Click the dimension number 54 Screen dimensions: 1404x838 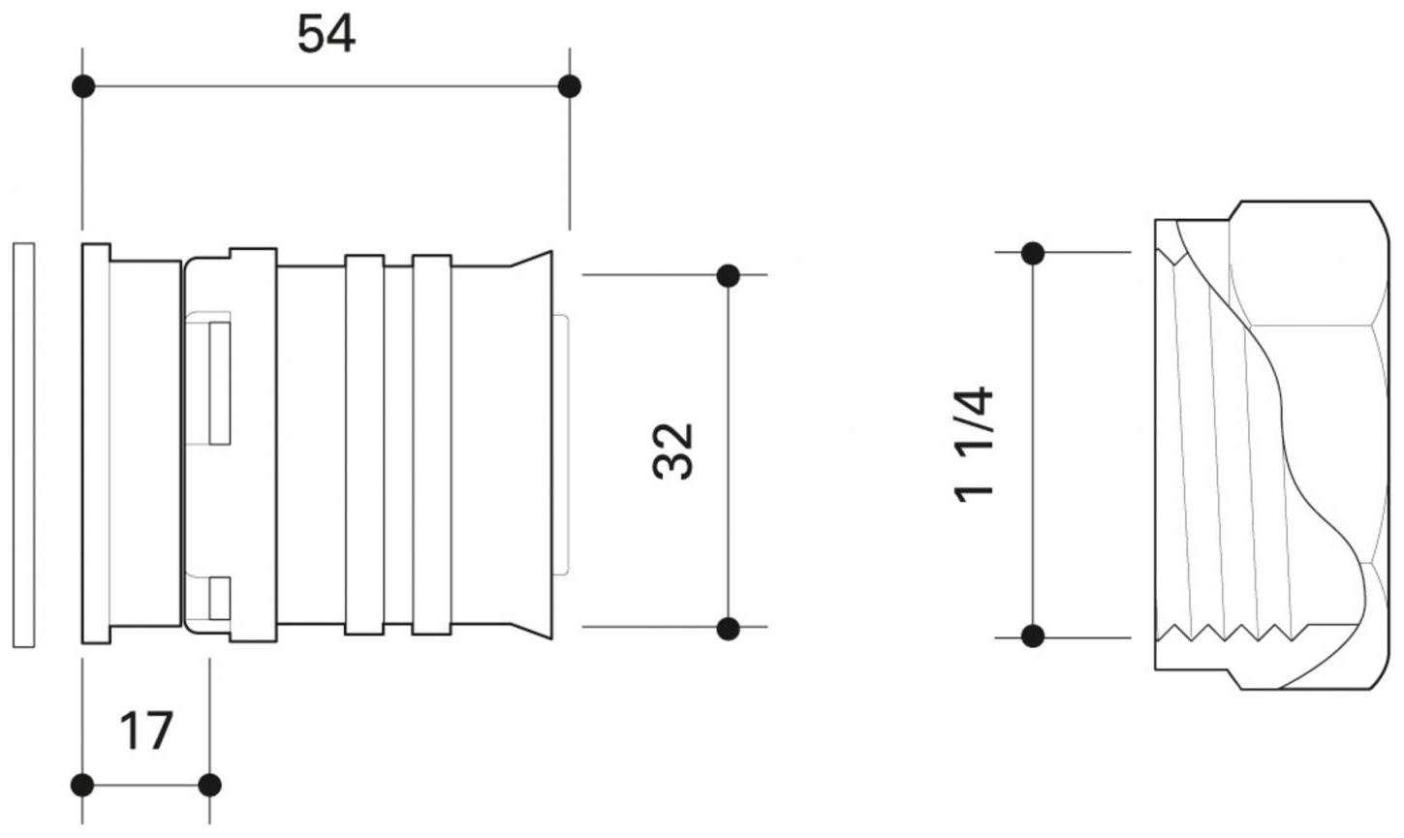[x=326, y=34]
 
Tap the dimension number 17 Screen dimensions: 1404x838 [x=145, y=730]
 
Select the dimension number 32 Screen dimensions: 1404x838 [x=672, y=451]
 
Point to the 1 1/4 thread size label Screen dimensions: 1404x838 [x=973, y=445]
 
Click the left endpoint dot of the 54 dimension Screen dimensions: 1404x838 [x=83, y=86]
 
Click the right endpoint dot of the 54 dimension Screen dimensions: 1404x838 [x=569, y=86]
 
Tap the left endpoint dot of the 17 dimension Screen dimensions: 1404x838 [x=82, y=785]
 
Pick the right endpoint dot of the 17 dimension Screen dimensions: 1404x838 [x=209, y=785]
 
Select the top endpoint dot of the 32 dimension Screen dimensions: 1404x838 [x=728, y=275]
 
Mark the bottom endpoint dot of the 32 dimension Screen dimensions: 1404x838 [x=728, y=628]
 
